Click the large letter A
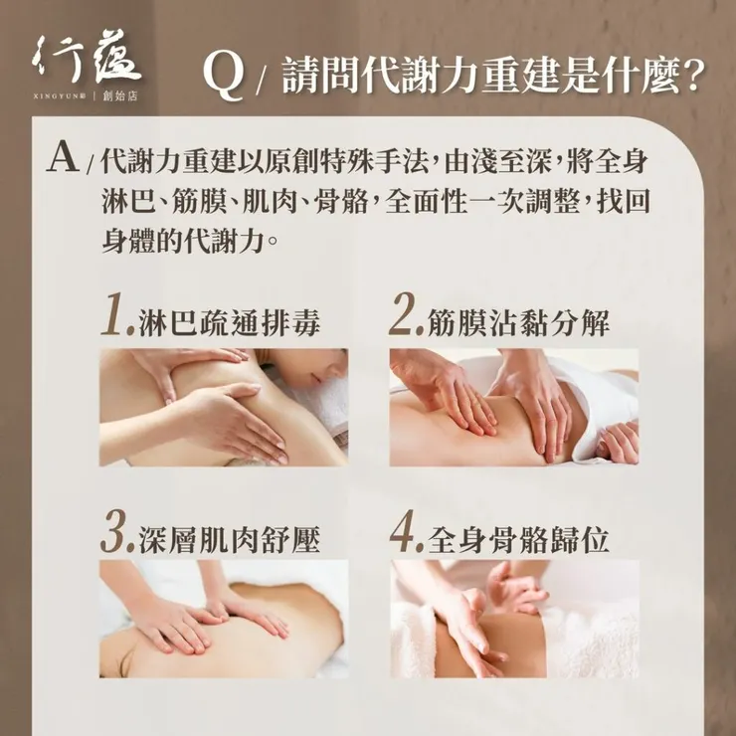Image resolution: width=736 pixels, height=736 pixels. [63, 160]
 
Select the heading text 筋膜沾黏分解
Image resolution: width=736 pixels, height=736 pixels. [518, 322]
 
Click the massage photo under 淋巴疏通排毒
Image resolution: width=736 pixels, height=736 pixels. [223, 407]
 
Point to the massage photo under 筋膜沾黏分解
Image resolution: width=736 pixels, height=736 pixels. [513, 407]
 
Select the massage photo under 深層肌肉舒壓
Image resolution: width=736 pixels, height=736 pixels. [223, 619]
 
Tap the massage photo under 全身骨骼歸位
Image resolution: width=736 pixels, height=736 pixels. [513, 619]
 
